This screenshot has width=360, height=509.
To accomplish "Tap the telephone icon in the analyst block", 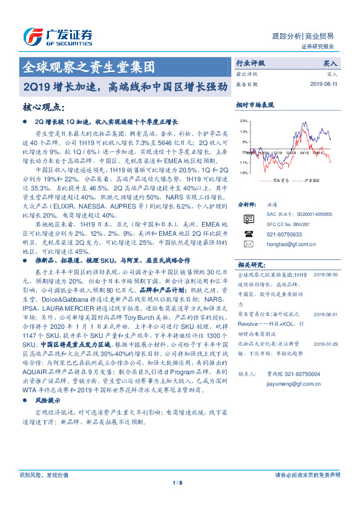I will click(248, 233).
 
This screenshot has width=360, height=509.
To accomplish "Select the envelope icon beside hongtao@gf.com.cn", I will click(248, 244).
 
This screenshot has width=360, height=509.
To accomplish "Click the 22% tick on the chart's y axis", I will click(243, 120).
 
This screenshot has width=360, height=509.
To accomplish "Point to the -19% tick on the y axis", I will click(243, 173).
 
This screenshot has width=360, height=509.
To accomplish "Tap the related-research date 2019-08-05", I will click(327, 274).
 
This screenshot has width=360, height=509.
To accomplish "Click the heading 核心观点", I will click(43, 106).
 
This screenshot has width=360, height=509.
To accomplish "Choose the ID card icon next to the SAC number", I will click(248, 218).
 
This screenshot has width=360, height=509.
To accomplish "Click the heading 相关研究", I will click(249, 265).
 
